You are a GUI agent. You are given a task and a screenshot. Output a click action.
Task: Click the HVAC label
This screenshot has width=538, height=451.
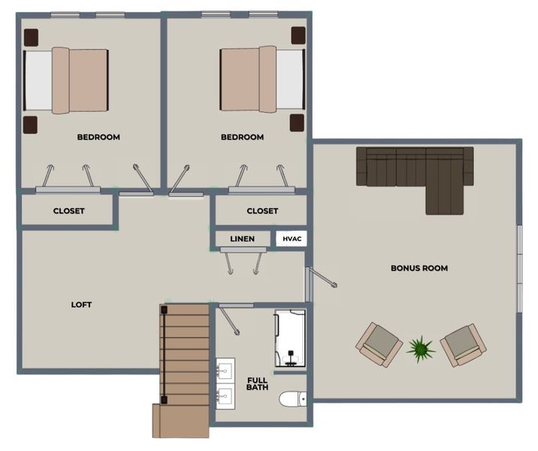(292, 239)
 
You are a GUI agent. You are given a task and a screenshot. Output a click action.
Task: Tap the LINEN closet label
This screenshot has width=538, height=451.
(242, 239)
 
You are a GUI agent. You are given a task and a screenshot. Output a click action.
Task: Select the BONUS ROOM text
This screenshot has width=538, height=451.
(419, 268)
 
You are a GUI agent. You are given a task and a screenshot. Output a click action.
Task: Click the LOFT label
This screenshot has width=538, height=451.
(81, 304)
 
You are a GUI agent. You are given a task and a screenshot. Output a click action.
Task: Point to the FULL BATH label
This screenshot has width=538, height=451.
(257, 384)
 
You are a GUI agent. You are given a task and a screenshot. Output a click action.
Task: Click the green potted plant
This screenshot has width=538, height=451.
(420, 350)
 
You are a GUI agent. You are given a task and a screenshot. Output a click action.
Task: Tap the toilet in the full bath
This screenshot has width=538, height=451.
(292, 399)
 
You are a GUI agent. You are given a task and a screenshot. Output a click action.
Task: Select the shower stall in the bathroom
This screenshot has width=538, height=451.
(290, 338)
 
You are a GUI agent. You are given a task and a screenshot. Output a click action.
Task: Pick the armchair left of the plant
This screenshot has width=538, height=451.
(379, 344)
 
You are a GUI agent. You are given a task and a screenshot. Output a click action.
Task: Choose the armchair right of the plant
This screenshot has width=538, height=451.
(463, 345)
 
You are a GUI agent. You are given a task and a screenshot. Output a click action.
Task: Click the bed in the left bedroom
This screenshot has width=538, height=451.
(66, 80)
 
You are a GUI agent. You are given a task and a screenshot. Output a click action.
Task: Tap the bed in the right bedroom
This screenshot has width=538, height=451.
(262, 79)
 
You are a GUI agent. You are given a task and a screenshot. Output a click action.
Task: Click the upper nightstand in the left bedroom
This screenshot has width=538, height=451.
(31, 38)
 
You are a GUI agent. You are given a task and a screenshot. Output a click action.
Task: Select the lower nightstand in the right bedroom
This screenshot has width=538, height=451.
(297, 123)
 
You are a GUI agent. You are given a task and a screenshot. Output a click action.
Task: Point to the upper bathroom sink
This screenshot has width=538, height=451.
(225, 371)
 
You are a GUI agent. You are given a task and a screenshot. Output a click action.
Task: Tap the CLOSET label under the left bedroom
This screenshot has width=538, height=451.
(68, 210)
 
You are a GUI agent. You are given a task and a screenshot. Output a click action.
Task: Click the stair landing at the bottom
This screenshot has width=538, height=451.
(181, 421)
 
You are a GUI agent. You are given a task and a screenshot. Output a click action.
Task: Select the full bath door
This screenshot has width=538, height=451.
(229, 321)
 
